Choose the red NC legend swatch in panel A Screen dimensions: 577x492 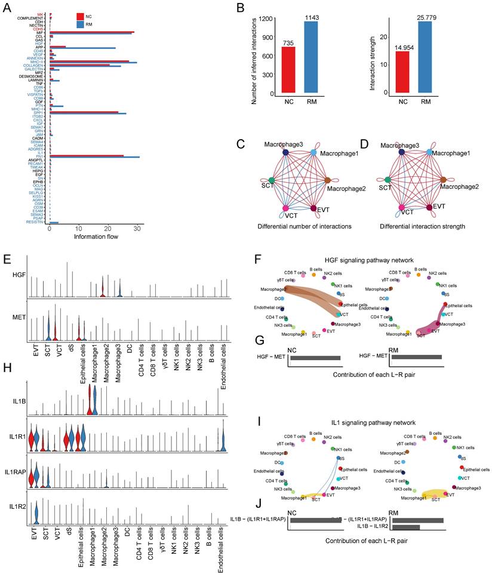[x=81, y=16]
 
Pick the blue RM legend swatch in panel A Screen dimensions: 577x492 [x=81, y=24]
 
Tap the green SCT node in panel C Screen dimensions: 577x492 [x=271, y=180]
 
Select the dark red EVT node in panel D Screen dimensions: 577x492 [x=428, y=208]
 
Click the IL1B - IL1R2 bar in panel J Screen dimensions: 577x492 [x=406, y=527]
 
